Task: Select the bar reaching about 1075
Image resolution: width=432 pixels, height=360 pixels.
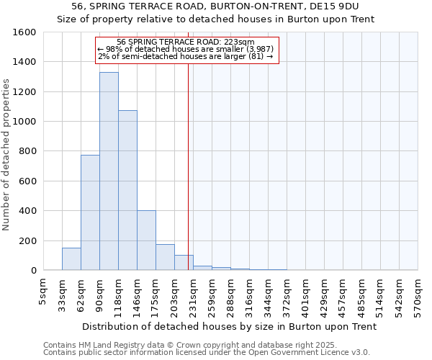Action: click(x=127, y=190)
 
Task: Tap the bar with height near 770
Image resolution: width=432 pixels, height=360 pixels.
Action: click(x=90, y=212)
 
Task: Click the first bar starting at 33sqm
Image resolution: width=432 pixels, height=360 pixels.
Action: click(x=71, y=258)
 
